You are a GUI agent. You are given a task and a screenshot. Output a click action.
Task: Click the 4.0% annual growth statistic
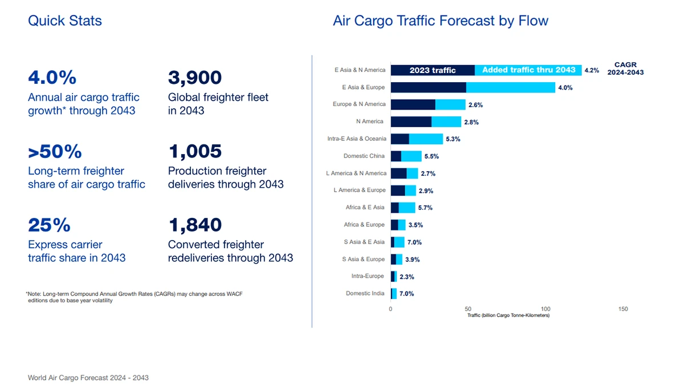click(x=52, y=78)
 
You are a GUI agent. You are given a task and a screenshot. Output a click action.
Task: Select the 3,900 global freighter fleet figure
click(x=195, y=78)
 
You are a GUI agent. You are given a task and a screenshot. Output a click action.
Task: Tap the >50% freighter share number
click(x=55, y=152)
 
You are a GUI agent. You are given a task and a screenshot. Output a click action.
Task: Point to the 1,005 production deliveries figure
click(x=195, y=152)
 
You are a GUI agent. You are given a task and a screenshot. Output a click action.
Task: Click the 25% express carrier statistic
click(x=49, y=225)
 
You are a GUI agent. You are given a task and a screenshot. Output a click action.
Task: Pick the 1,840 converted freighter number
click(x=195, y=225)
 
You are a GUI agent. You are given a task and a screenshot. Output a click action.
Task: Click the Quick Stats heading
click(x=65, y=21)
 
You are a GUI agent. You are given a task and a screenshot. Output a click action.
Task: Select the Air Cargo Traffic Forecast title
click(x=440, y=21)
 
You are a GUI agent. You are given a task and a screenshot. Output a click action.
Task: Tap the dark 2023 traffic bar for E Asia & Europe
click(x=428, y=87)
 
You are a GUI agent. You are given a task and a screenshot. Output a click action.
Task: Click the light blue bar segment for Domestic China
click(x=412, y=156)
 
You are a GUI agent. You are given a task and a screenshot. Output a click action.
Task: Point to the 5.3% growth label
click(x=453, y=139)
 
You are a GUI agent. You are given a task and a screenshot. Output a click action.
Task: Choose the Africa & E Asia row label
click(x=365, y=208)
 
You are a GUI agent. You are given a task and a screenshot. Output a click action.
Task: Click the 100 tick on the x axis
click(x=545, y=309)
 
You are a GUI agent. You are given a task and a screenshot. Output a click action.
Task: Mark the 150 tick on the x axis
click(x=623, y=309)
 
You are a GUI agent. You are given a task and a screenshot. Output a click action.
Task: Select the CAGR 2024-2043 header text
click(x=625, y=69)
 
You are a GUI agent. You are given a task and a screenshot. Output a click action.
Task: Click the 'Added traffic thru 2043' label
click(x=528, y=70)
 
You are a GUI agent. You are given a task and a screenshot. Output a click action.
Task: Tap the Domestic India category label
click(x=365, y=294)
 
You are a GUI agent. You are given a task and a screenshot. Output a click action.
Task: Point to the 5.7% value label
click(x=425, y=208)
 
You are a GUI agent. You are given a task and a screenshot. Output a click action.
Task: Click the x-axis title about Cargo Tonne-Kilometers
click(x=508, y=315)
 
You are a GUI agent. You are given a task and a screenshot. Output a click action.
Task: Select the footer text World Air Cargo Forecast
click(x=88, y=378)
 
